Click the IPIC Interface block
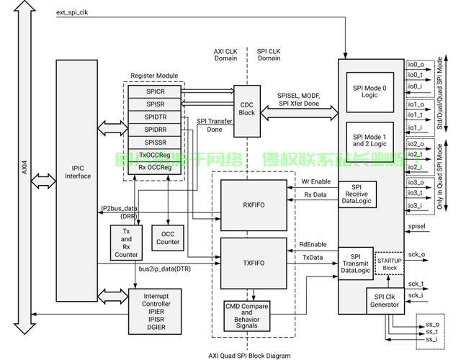point(77,171)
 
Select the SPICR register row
point(155,91)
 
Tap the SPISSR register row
point(155,142)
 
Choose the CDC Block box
point(246,112)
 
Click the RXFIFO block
point(254,205)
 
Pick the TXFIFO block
point(254,264)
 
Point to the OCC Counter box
point(169,238)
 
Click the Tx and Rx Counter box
point(126,244)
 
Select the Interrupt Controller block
point(155,310)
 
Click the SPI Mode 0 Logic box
point(370,91)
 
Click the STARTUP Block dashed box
point(390,263)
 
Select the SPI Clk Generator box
point(385,300)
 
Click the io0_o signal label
point(416,65)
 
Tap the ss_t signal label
point(432,332)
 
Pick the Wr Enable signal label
point(315,181)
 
